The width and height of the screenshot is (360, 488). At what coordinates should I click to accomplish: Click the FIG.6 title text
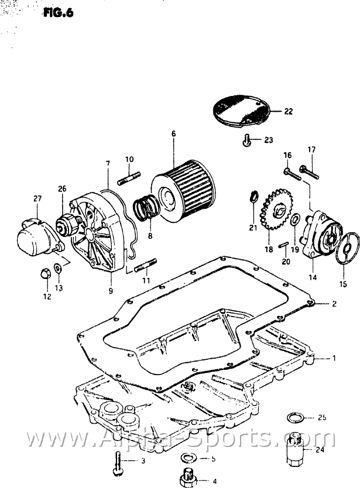(x=58, y=13)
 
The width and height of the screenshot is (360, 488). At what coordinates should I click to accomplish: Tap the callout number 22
(x=289, y=111)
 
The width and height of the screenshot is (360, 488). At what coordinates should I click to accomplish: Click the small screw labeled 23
(x=246, y=140)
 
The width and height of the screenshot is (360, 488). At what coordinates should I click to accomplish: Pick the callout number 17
(x=311, y=150)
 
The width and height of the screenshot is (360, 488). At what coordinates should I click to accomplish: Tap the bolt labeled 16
(x=292, y=174)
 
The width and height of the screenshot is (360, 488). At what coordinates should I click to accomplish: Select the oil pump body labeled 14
(x=320, y=233)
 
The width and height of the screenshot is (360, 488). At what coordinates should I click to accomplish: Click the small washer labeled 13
(x=58, y=268)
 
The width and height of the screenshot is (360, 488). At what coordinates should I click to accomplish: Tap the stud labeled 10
(x=129, y=178)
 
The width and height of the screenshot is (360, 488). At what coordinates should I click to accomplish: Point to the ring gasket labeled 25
(x=295, y=418)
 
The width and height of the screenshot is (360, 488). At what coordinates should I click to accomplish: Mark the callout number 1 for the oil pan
(x=334, y=358)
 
